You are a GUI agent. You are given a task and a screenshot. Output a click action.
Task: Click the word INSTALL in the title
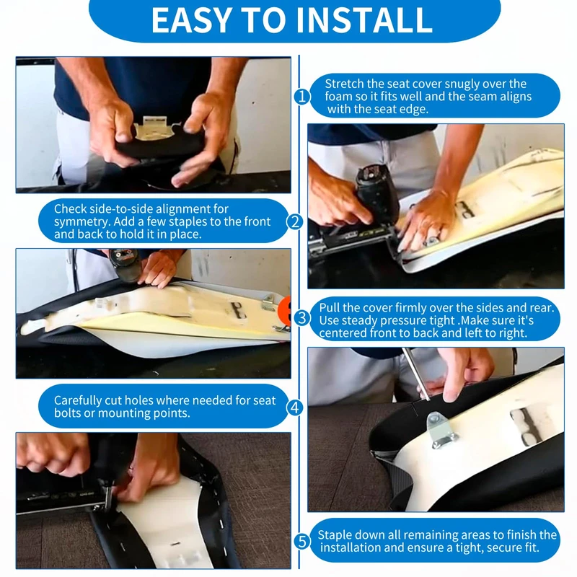tap(364, 20)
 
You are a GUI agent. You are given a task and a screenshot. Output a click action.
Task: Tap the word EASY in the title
tap(191, 20)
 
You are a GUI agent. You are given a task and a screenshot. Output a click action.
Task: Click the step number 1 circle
tap(301, 97)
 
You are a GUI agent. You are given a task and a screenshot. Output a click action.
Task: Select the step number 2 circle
tap(295, 222)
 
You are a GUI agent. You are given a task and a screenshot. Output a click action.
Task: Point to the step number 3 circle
tap(301, 318)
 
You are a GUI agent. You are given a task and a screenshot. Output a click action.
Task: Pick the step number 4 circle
tap(295, 408)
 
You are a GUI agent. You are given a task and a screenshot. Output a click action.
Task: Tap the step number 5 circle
tap(301, 542)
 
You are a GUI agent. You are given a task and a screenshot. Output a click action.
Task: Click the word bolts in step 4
tap(67, 413)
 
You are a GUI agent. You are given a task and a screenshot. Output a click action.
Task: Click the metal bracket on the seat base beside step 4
tap(441, 430)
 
